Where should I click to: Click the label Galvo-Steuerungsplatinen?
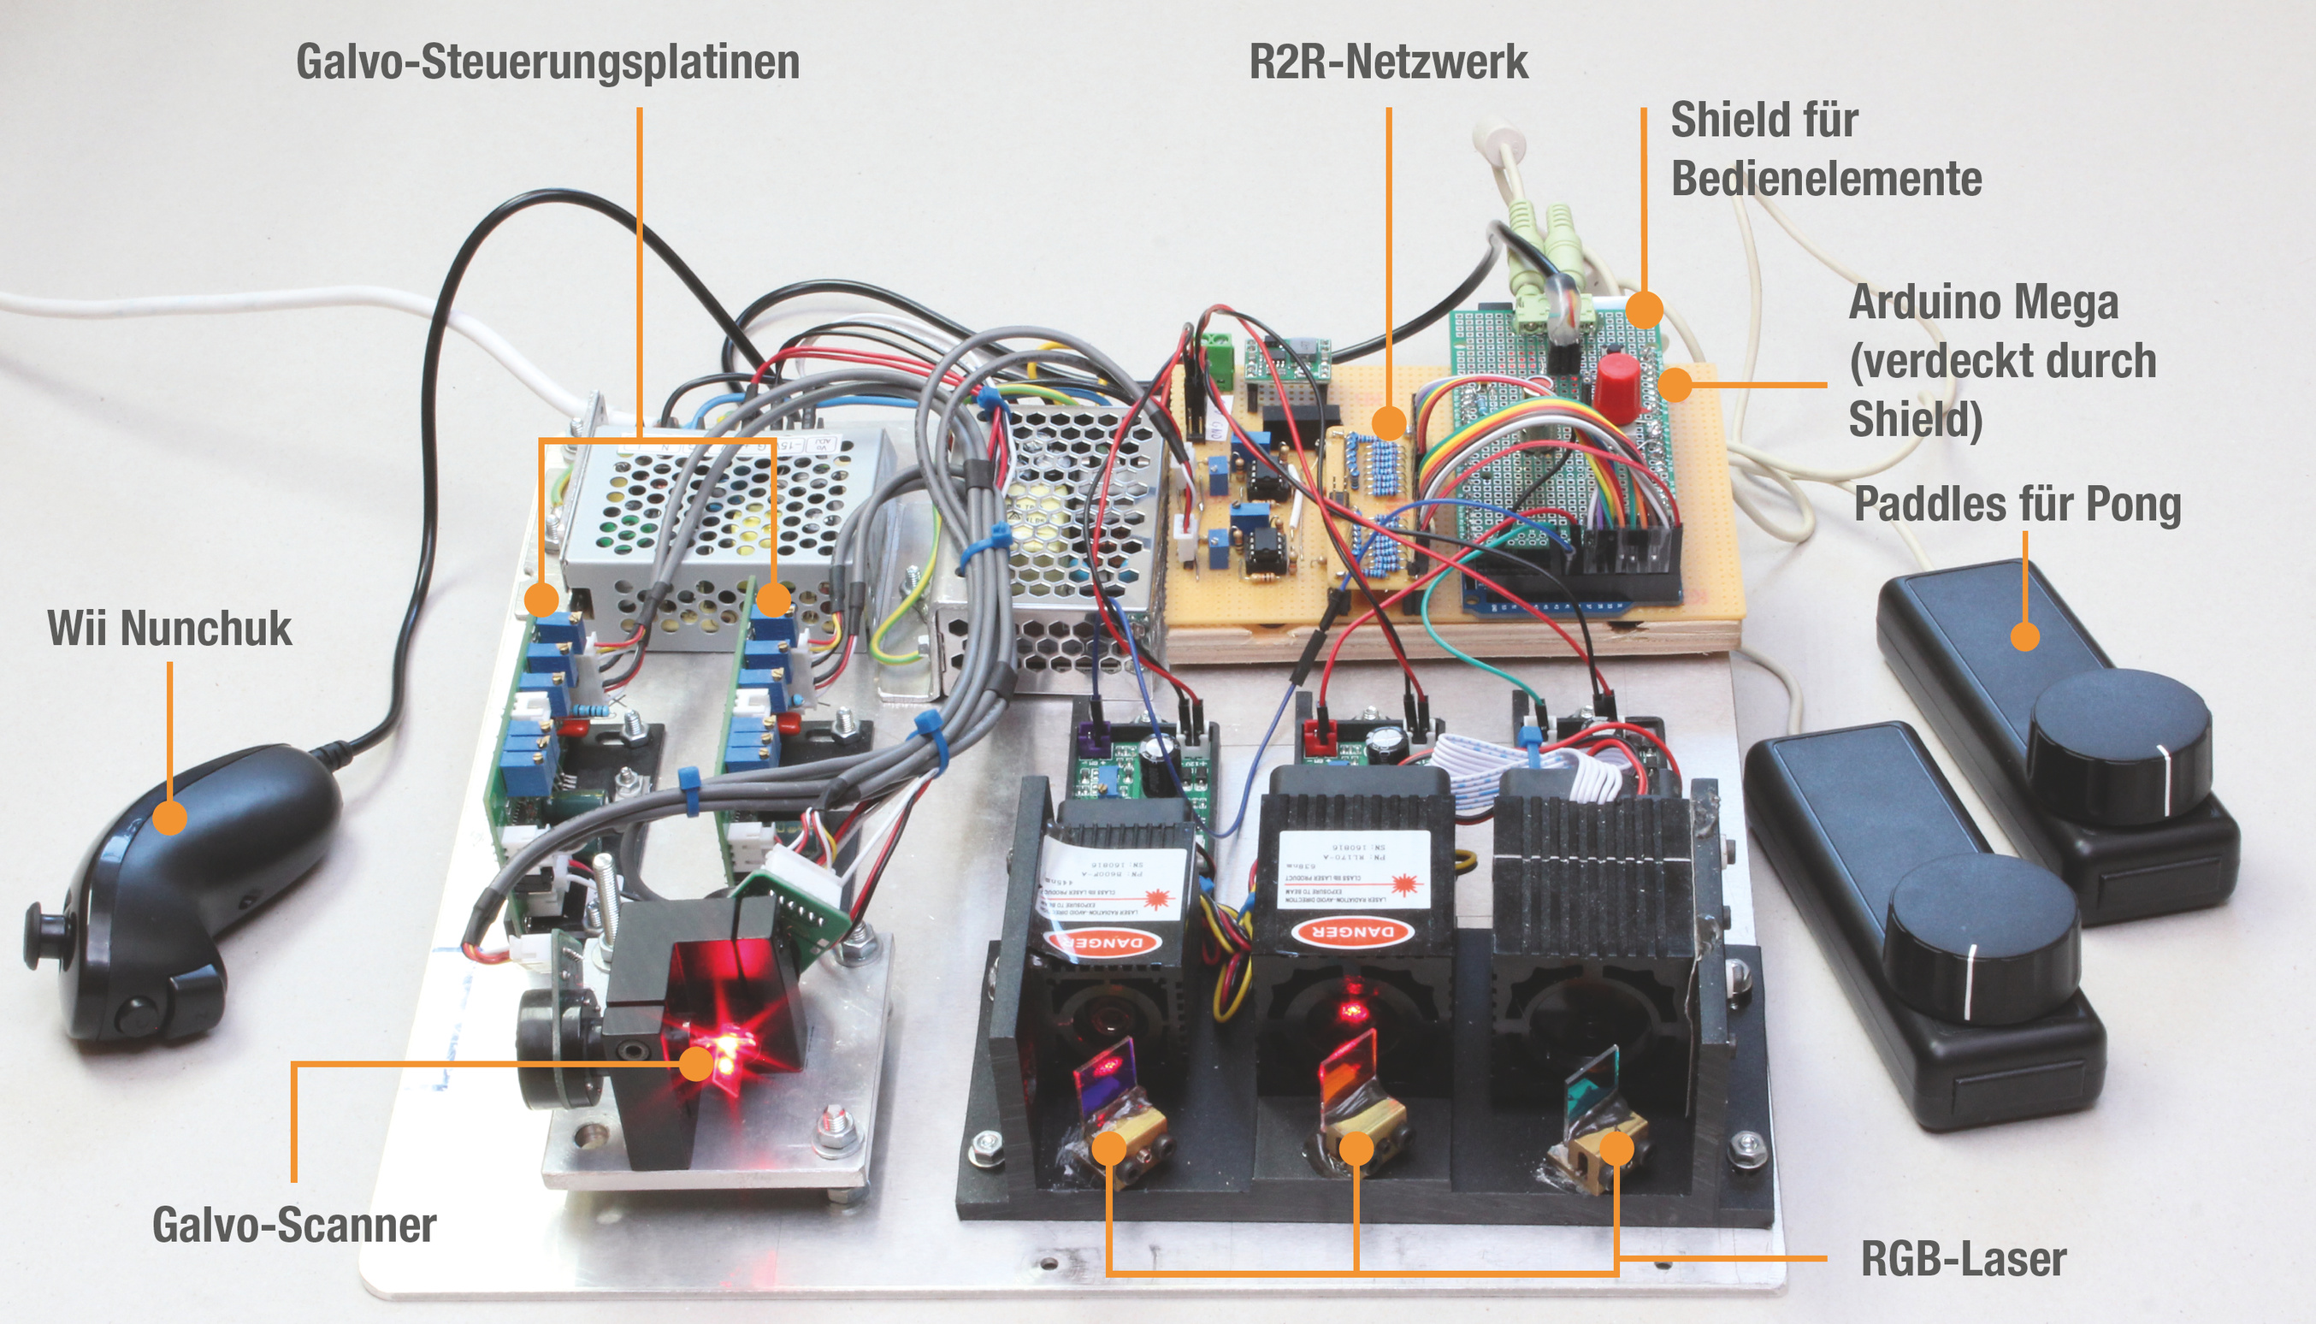[x=547, y=62]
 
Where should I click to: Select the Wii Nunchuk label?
[x=169, y=629]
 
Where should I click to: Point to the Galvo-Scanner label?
[x=293, y=1224]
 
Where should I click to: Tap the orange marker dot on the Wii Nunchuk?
[x=169, y=817]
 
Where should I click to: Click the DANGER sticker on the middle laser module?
[x=1352, y=932]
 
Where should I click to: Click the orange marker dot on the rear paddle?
[x=2024, y=635]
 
